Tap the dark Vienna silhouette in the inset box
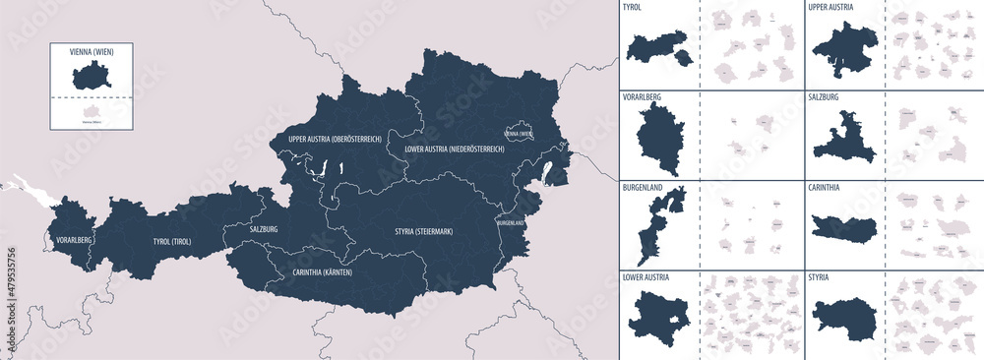92,75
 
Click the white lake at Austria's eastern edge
548,173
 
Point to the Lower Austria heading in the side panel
647,278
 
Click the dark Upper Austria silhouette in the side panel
845,50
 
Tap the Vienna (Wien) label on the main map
519,134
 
